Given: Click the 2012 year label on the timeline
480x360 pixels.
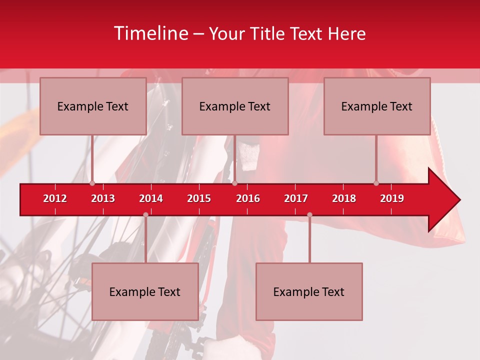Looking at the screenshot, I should coord(55,198).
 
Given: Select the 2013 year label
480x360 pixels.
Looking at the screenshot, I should coord(103,198).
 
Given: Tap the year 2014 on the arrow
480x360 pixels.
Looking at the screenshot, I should coord(151,198).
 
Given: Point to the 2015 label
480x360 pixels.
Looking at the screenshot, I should coord(199,198).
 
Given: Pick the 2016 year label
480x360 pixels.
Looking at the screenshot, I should coord(248,198).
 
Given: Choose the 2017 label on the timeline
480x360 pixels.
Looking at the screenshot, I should coord(296,198).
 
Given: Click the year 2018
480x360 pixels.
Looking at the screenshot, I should coord(344,198).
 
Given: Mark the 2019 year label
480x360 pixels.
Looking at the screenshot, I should coord(392,198).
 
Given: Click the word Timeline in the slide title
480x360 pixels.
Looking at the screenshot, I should coord(150,33).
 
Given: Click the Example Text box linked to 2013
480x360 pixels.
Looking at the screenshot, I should coord(93,106).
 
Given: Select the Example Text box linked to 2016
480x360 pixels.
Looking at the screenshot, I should coord(235,106).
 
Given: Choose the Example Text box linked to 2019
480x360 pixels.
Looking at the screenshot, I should coord(377,106).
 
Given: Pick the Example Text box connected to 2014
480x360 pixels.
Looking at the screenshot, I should coord(145,291).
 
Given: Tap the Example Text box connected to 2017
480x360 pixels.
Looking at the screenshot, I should coord(309,291).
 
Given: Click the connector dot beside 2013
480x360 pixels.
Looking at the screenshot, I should coord(92,183).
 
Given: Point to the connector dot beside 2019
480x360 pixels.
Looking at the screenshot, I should coord(376,183).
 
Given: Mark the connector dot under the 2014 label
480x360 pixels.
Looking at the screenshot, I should coord(145,215).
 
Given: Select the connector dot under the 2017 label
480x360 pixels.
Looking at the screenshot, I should coord(309,215).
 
